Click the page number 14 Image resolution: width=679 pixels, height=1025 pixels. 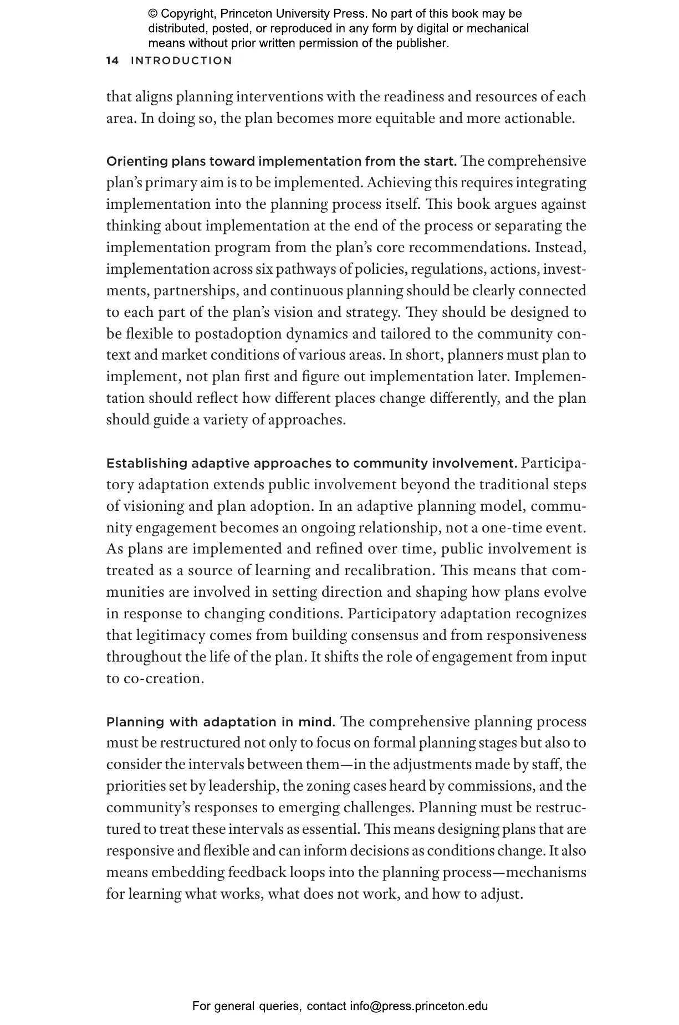(x=112, y=61)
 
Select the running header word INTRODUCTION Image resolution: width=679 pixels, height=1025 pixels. (x=181, y=61)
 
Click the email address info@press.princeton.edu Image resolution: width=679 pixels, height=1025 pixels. (x=418, y=1006)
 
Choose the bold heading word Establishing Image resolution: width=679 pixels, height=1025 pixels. (x=146, y=463)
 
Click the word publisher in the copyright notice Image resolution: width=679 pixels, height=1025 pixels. (x=420, y=43)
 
